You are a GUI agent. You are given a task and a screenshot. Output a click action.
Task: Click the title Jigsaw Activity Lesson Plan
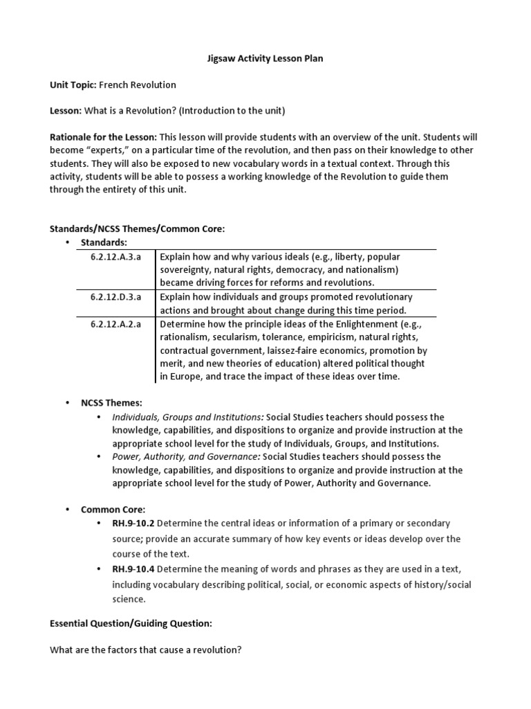265,59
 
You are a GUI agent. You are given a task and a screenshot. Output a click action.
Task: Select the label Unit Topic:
73,84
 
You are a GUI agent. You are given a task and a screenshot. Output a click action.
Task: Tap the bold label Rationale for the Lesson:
103,137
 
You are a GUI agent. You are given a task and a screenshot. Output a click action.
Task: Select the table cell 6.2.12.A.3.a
115,257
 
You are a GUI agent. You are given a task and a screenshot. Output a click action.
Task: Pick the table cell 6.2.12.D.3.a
115,296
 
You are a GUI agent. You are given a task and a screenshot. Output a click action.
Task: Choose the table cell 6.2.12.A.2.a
115,323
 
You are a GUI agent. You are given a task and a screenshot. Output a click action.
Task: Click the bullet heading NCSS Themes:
111,402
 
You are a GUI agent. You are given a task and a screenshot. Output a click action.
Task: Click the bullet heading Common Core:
113,509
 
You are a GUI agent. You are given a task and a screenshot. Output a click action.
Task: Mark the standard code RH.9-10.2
137,523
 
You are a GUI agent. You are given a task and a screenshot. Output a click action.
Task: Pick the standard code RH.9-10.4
137,568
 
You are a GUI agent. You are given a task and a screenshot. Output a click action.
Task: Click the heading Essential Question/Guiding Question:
131,623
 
